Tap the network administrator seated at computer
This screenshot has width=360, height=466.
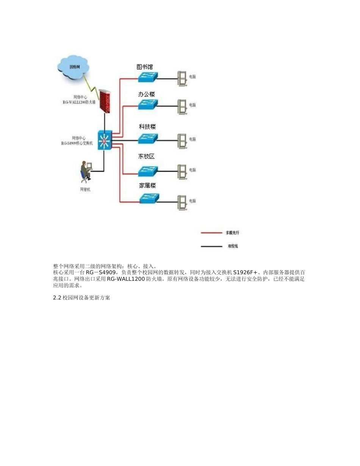[x=86, y=171]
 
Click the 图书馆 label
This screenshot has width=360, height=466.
[x=145, y=67]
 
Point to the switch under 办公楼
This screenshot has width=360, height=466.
[x=147, y=105]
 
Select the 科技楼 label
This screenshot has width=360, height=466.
[x=147, y=127]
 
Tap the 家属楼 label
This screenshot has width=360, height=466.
[x=147, y=186]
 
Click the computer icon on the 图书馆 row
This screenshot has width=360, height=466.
[x=182, y=77]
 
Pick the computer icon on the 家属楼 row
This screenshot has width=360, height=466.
[x=182, y=201]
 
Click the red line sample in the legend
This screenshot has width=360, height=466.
[x=211, y=233]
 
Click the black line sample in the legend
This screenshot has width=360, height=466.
[x=211, y=246]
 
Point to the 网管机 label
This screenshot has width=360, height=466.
[x=85, y=189]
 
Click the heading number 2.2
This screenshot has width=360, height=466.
[x=57, y=298]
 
